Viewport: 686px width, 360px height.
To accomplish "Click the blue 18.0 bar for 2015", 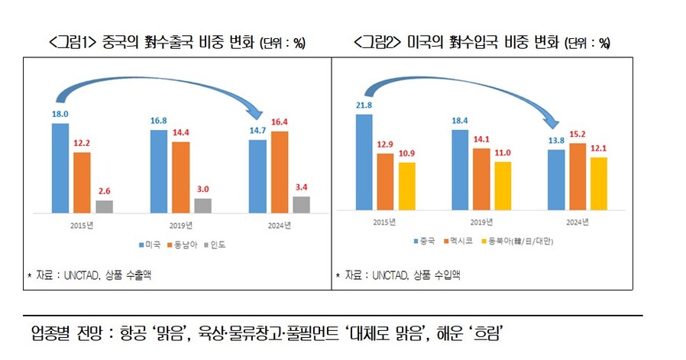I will point(60,167).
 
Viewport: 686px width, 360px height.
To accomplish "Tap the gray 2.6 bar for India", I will point(104,206).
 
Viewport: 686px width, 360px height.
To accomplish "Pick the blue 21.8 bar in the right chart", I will point(364,162).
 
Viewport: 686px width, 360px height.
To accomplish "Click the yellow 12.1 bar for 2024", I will point(599,183).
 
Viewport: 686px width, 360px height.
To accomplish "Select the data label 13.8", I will point(556,141).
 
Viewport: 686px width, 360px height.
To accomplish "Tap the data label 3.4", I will point(302,186).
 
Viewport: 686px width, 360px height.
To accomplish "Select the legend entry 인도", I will point(218,245).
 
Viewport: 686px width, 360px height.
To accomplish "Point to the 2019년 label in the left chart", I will point(181,225).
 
